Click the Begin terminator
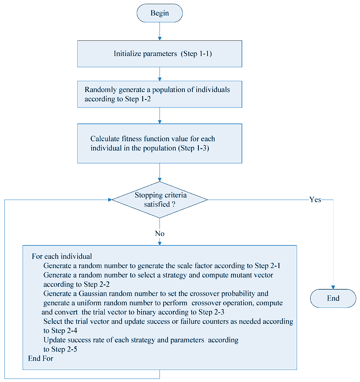[x=159, y=13]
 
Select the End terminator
[x=333, y=298]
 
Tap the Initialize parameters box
[x=159, y=54]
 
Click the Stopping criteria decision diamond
[x=159, y=200]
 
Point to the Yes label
[x=315, y=200]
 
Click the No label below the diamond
[x=159, y=234]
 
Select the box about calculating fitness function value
[x=159, y=144]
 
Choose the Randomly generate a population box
[x=159, y=94]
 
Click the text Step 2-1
[x=267, y=266]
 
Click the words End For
[x=40, y=358]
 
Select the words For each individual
[x=62, y=257]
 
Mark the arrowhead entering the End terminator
[x=333, y=287]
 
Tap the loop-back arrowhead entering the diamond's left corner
[x=110, y=200]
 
